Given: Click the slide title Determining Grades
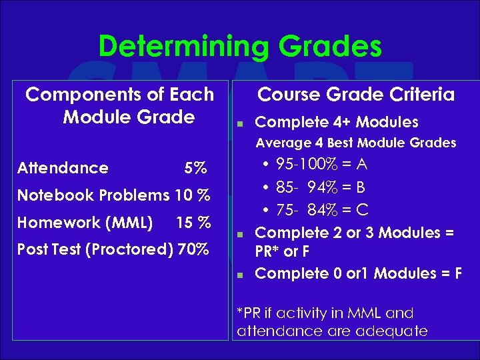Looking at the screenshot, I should point(240,47).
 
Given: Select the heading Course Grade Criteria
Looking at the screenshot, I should point(356,95).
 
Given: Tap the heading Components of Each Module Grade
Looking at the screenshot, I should point(120,105).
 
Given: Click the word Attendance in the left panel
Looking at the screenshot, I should point(63,168).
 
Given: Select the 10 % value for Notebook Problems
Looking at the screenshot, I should point(192,195).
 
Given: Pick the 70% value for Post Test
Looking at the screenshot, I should point(192,249).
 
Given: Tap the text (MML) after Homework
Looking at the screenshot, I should point(131,222).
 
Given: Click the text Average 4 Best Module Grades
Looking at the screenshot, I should point(356,143).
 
